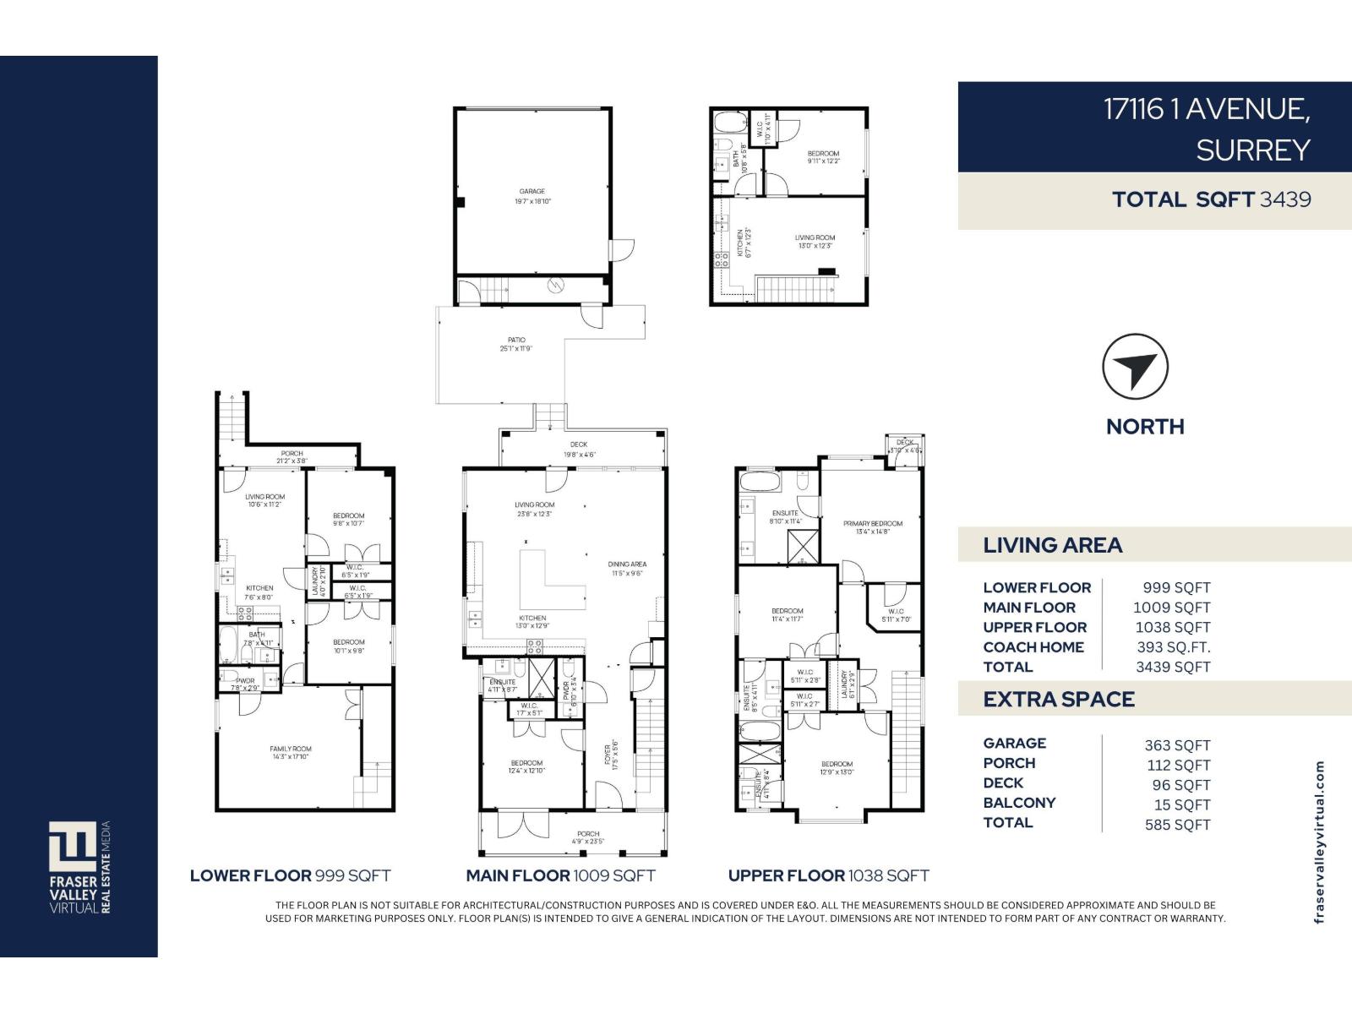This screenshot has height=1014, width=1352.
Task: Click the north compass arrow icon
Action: point(1135,368)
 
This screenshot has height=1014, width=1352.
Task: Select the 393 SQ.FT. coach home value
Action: point(1173,647)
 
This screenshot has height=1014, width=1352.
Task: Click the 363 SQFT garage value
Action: point(1177,745)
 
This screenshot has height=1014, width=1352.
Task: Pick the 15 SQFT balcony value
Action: point(1181,805)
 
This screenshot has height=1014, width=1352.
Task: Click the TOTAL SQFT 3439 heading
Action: point(1211,199)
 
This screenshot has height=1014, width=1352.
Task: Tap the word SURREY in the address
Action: point(1252,150)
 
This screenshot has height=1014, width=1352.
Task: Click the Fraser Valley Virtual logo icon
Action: point(73,846)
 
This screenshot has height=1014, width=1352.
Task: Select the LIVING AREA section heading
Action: point(1052,545)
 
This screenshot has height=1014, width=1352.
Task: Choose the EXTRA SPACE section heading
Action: point(1058,700)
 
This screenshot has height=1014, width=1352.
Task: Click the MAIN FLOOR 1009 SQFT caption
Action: point(560,876)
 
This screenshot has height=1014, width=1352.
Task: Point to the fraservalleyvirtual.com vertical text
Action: point(1319,842)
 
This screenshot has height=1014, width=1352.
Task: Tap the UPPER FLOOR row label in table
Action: point(1034,627)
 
